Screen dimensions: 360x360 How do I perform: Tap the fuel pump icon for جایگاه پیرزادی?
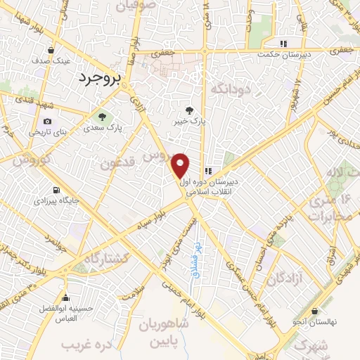coord(56,189)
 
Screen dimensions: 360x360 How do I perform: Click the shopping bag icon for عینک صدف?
coord(53,50)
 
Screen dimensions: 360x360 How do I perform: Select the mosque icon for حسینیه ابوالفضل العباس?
coord(65,298)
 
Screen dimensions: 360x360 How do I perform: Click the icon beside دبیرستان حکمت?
coord(283,43)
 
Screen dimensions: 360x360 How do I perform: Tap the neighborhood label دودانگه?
coord(230,89)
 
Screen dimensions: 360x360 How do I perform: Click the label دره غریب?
coord(87,345)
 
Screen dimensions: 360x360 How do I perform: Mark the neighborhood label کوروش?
coord(29,159)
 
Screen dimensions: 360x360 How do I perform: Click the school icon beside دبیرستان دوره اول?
coord(209,171)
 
